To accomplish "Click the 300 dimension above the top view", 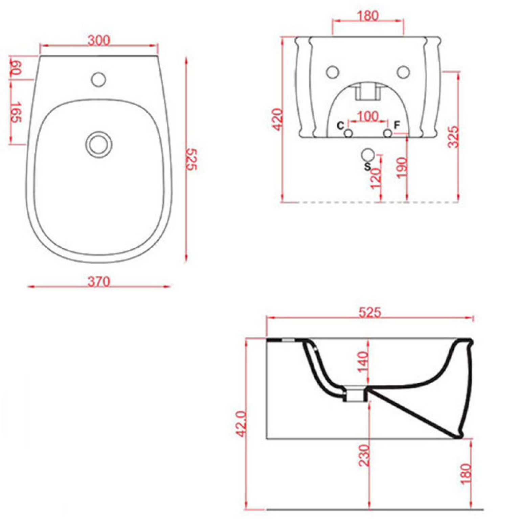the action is (99, 40).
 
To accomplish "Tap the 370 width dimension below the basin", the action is (99, 281).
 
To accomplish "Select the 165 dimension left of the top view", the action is (16, 112).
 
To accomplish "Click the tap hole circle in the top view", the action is (98, 80).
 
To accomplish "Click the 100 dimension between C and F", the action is (368, 116).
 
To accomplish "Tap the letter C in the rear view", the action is (340, 126).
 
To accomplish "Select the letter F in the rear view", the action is (397, 125).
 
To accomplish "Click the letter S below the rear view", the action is (367, 167).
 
